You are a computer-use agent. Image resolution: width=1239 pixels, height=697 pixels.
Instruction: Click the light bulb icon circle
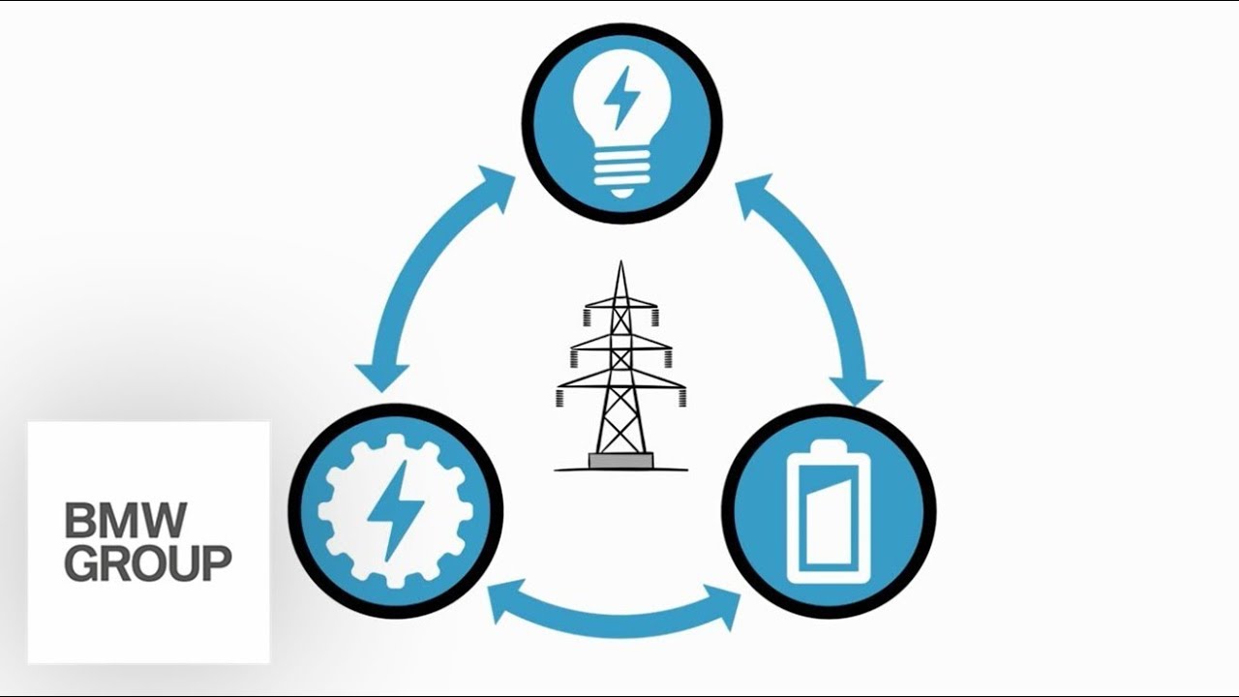[x=622, y=123]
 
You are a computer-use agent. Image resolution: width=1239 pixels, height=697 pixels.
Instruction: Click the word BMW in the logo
[x=125, y=521]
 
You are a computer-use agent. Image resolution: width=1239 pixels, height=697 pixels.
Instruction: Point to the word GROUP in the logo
[x=148, y=562]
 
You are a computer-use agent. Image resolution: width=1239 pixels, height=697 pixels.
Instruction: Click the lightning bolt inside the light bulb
[x=620, y=97]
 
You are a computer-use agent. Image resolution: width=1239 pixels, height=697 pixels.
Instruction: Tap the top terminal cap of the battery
[x=829, y=447]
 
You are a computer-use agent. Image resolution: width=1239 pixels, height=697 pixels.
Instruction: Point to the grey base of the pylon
[x=620, y=461]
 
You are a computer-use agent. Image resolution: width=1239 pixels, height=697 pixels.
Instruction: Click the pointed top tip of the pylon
[x=620, y=265]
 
